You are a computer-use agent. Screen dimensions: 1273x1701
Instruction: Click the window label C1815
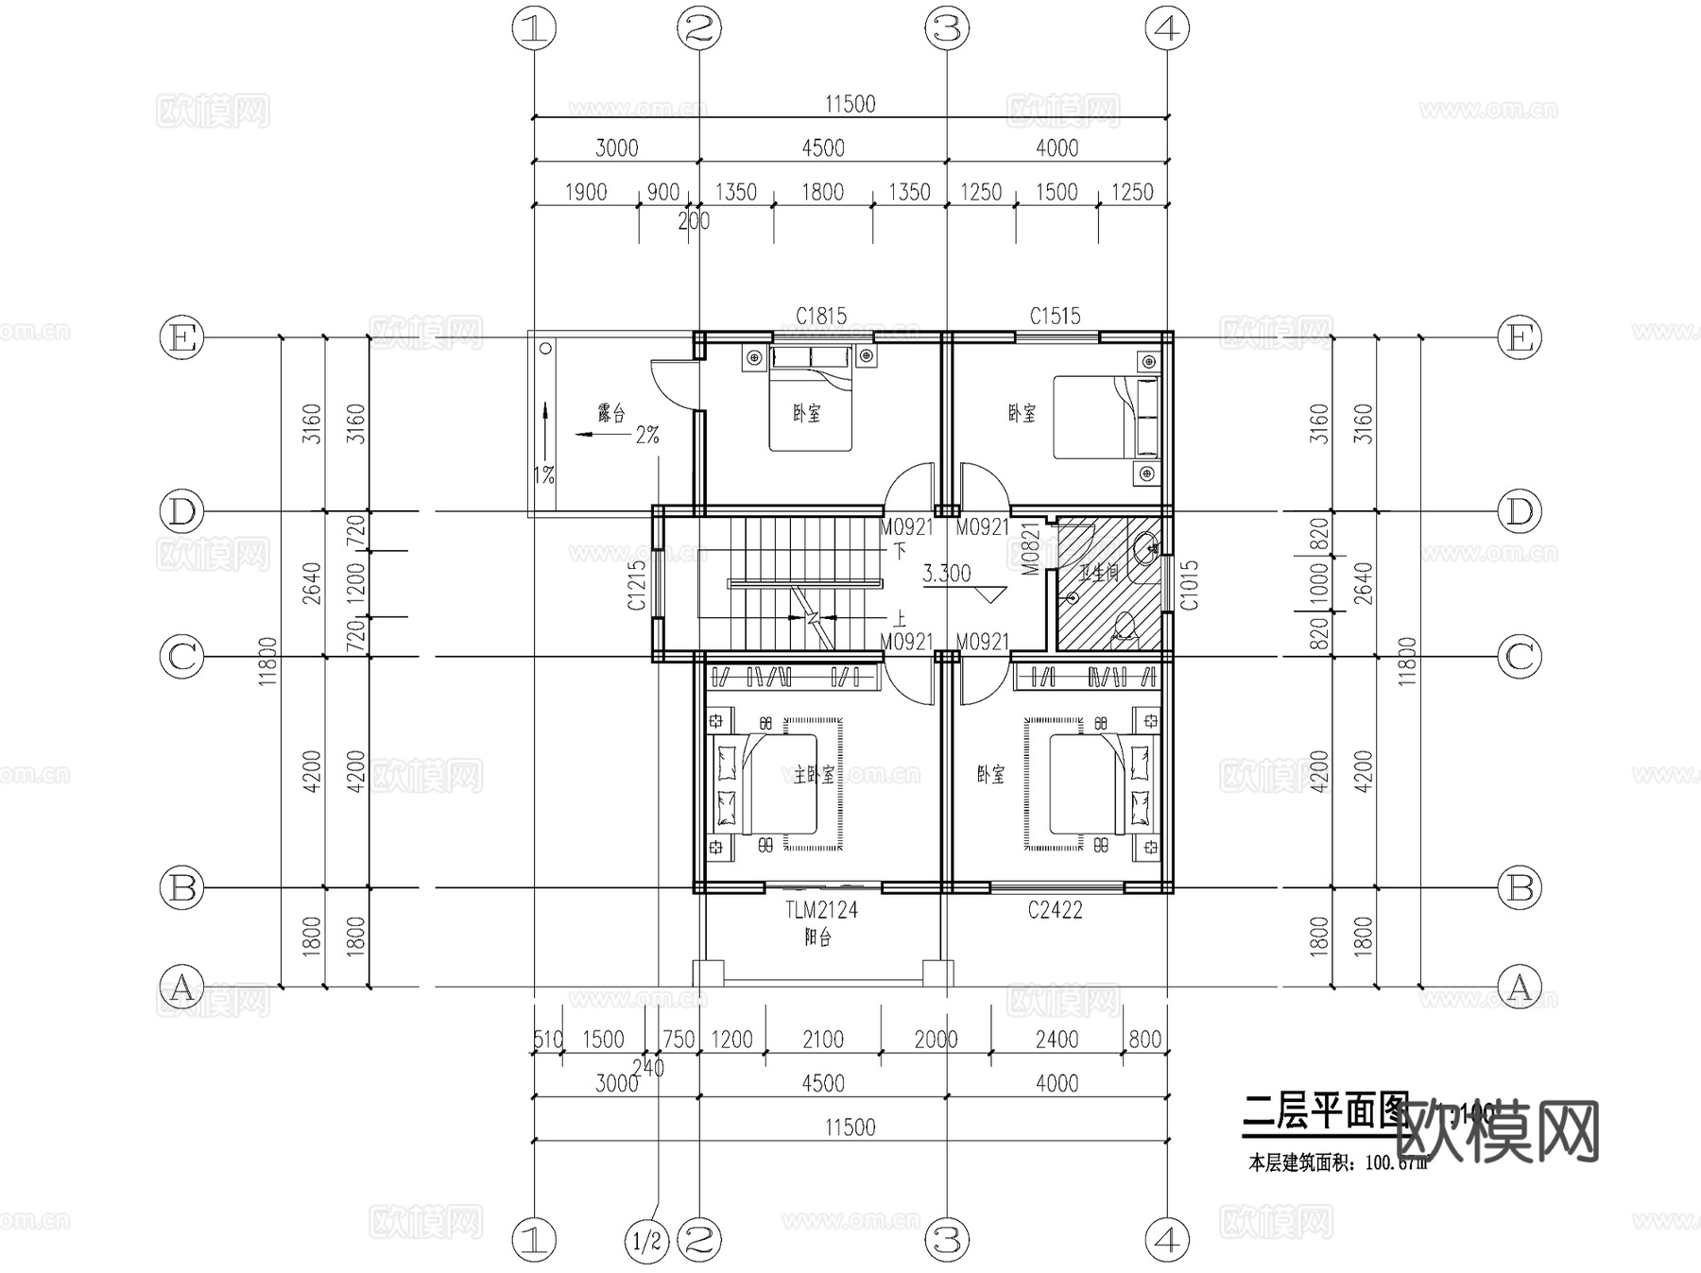(820, 316)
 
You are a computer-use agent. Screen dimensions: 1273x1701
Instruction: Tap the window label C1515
(1055, 316)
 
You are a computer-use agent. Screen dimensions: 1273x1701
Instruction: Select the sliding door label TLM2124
(821, 910)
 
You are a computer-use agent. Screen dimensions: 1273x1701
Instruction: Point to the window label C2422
(1055, 910)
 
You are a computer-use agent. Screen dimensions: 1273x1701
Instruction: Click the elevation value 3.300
(946, 574)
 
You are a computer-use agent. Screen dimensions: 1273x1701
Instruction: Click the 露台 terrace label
(611, 413)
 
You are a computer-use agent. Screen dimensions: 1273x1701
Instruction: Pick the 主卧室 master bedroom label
(814, 775)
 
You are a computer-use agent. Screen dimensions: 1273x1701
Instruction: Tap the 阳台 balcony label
(817, 938)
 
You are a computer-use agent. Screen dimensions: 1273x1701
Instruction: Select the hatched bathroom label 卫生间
(1099, 573)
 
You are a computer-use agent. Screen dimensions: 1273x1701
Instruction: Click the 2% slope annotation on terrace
(647, 435)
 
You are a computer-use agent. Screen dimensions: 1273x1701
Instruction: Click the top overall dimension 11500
(850, 104)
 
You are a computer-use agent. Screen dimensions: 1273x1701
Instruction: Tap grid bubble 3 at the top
(947, 29)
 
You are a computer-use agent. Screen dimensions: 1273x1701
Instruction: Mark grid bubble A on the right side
(1520, 988)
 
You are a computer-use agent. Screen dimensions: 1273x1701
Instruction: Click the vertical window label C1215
(638, 585)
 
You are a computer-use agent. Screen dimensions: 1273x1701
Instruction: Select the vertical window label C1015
(1190, 585)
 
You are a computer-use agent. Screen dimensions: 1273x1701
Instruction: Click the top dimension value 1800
(822, 192)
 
